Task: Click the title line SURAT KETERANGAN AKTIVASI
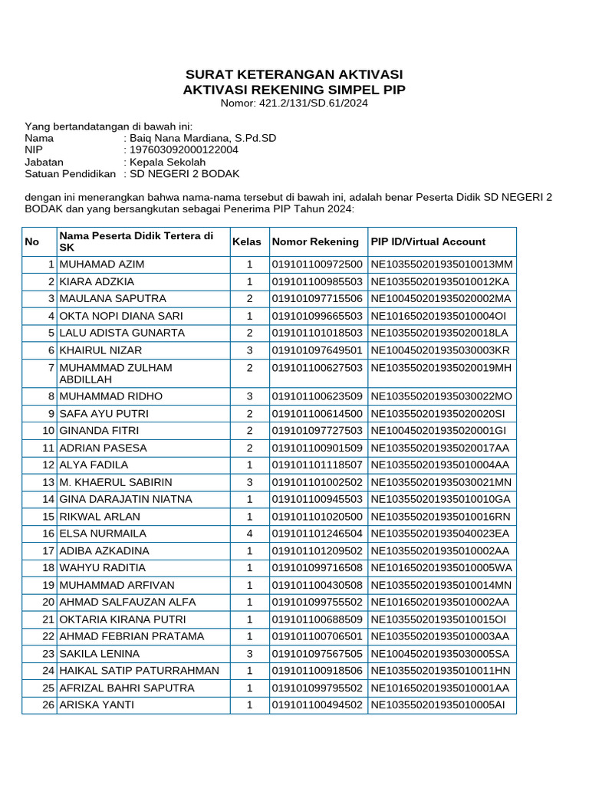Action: (x=294, y=74)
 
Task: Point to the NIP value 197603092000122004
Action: (x=183, y=150)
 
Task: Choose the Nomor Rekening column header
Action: (x=315, y=241)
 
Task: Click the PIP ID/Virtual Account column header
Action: (x=428, y=241)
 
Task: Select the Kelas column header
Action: (x=247, y=241)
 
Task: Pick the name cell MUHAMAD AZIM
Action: (x=102, y=264)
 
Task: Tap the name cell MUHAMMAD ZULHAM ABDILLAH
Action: (x=116, y=373)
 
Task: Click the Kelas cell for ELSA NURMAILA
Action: (x=249, y=534)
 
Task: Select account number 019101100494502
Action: (x=317, y=705)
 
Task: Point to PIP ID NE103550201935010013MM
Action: (x=441, y=264)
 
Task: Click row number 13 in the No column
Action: (x=48, y=482)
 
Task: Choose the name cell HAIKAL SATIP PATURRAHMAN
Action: (x=140, y=671)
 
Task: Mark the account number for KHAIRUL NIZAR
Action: (x=317, y=350)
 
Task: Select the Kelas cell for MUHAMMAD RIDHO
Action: (x=249, y=396)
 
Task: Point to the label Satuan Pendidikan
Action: (x=70, y=174)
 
